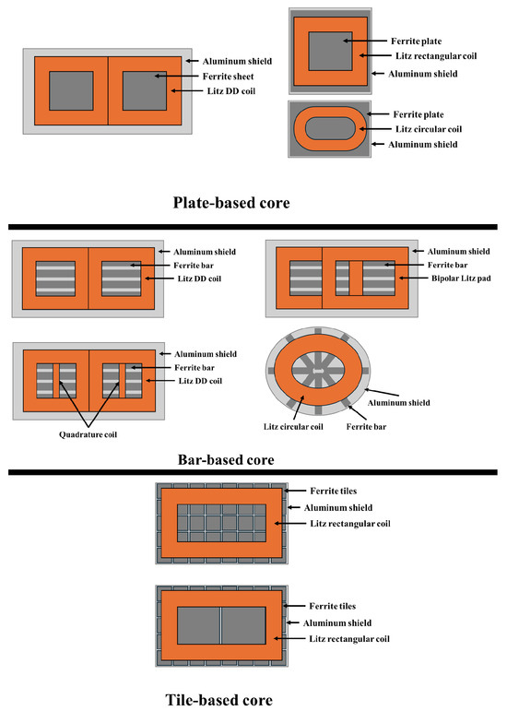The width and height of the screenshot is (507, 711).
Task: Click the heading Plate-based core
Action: click(x=231, y=203)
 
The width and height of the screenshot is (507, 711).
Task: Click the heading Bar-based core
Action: click(x=226, y=460)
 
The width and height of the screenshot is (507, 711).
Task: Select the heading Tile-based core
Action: click(x=218, y=700)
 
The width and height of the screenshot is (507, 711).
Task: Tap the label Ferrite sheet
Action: click(x=228, y=77)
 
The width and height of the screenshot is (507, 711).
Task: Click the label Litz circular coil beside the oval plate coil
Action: click(x=429, y=129)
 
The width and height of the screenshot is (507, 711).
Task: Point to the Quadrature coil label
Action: click(x=88, y=434)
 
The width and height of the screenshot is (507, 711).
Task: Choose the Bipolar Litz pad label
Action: click(x=461, y=278)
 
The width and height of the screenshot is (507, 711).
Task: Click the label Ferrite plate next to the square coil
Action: click(x=416, y=41)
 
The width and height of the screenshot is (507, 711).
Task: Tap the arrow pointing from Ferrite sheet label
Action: click(x=177, y=77)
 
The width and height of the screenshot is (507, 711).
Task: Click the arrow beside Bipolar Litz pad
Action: click(x=413, y=278)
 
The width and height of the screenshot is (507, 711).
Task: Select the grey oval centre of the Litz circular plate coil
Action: click(x=330, y=129)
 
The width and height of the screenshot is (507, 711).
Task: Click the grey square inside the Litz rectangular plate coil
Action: click(x=330, y=52)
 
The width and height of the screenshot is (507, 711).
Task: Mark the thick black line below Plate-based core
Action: click(x=253, y=227)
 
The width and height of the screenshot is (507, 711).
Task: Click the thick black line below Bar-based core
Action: click(x=253, y=472)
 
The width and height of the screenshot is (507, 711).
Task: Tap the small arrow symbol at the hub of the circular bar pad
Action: click(x=318, y=371)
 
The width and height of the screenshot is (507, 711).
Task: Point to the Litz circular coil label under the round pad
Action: click(x=293, y=427)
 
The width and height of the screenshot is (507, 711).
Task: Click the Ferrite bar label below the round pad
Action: click(x=366, y=427)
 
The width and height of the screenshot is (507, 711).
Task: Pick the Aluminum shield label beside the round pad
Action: click(x=399, y=403)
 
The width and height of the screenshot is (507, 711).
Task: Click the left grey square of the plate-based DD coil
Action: click(x=71, y=90)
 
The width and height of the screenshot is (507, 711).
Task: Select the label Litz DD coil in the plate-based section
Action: click(x=231, y=91)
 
